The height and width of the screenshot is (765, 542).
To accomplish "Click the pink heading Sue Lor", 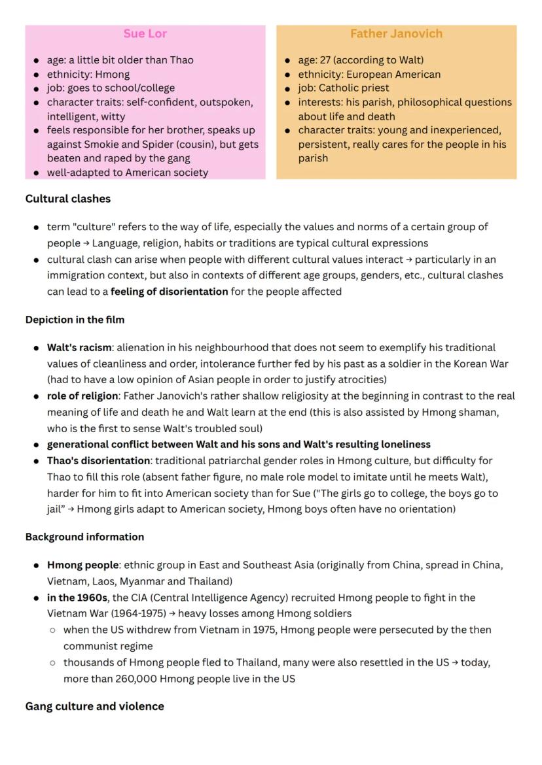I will [145, 33].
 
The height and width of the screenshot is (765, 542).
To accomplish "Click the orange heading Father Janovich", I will [396, 33].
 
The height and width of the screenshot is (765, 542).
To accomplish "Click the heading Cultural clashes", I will [68, 199].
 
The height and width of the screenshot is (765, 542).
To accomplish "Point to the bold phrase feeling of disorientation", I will [169, 292].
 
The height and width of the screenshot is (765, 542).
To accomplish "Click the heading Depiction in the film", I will [75, 320].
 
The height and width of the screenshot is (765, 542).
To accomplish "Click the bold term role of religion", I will [82, 396].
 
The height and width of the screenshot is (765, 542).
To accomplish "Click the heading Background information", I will [84, 537].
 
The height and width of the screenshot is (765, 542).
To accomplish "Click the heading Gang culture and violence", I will [94, 706].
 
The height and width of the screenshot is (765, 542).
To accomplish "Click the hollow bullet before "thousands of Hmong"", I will [52, 662].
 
